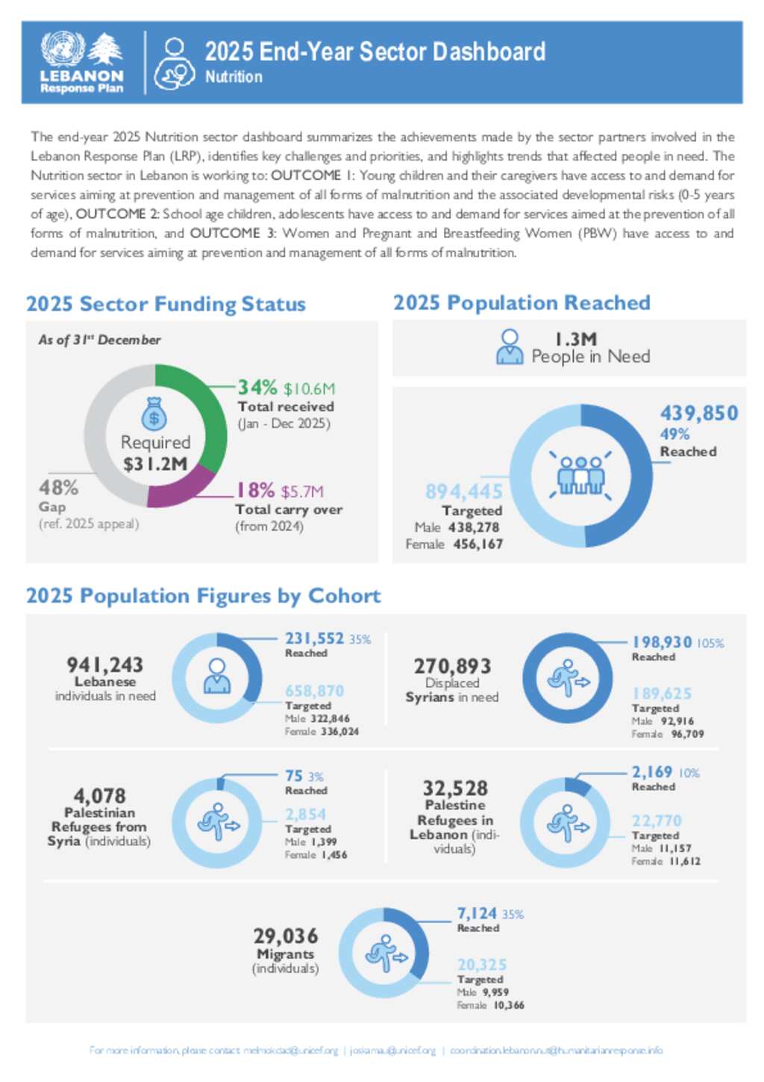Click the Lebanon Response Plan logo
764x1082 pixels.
click(x=81, y=63)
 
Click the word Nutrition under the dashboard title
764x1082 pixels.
click(x=234, y=77)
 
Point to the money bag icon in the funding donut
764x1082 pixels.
click(x=154, y=413)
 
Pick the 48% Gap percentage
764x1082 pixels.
click(x=58, y=488)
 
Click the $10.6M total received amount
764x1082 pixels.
click(x=309, y=389)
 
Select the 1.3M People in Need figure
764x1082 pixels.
click(x=575, y=340)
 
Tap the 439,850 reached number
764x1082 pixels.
click(x=698, y=413)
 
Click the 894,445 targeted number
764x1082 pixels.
click(x=463, y=491)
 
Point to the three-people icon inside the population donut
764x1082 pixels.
click(x=580, y=476)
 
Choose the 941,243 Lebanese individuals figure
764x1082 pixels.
click(x=104, y=665)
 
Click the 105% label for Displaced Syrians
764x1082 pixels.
click(x=710, y=644)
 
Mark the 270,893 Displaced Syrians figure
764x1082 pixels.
click(x=452, y=666)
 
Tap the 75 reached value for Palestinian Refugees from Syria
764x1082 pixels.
click(x=293, y=776)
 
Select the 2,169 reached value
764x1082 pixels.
click(x=651, y=772)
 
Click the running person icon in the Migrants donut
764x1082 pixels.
click(x=385, y=954)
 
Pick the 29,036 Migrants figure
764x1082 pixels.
click(x=285, y=936)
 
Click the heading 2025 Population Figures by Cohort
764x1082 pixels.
click(x=203, y=596)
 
